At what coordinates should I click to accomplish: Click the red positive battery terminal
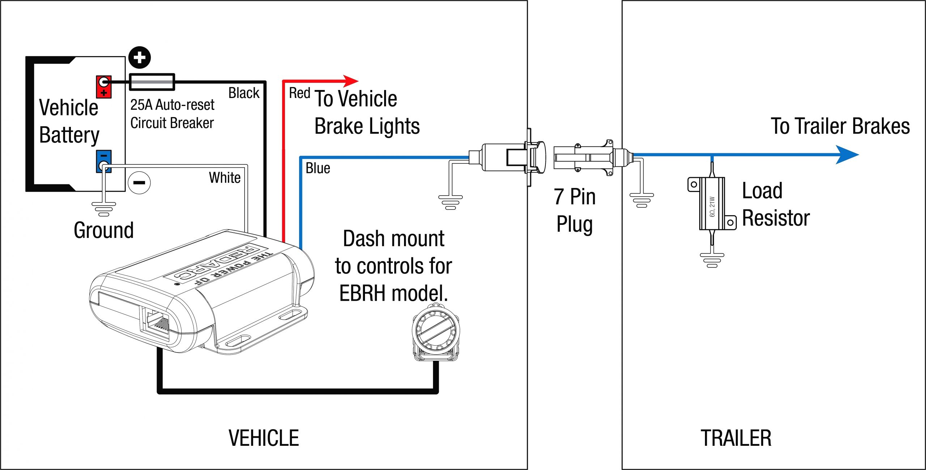(103, 87)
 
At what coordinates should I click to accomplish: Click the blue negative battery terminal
(103, 161)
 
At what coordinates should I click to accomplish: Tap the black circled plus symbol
(140, 57)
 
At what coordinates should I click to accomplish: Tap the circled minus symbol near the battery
(139, 183)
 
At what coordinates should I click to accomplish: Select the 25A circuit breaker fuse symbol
(152, 82)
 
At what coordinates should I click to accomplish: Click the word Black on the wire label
(244, 93)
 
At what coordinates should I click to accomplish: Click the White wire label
(225, 178)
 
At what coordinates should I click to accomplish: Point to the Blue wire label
(318, 168)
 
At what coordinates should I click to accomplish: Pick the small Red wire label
(300, 93)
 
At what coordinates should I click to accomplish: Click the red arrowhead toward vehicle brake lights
(350, 81)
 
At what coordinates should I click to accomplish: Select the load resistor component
(712, 204)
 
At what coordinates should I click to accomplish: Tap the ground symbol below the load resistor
(712, 260)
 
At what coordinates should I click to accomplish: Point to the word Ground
(104, 230)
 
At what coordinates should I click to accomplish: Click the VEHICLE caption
(264, 438)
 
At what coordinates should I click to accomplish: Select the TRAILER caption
(736, 438)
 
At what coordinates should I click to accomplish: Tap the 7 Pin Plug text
(575, 210)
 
